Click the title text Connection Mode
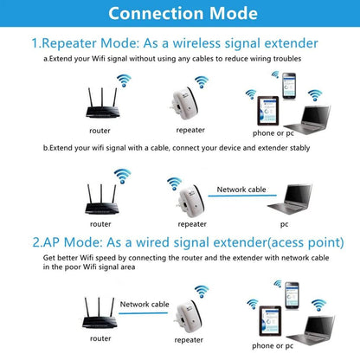point(180,14)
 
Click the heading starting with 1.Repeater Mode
point(174,42)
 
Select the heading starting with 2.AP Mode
point(174,241)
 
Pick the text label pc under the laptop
point(284,223)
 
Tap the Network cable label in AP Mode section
point(145,305)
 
